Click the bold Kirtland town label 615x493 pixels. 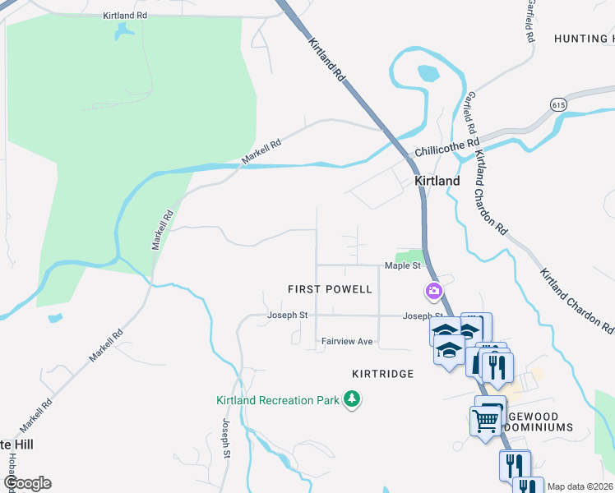pyautogui.click(x=437, y=180)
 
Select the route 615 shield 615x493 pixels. pyautogui.click(x=558, y=105)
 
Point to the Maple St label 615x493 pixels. pyautogui.click(x=403, y=265)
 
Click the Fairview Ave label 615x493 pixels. pyautogui.click(x=347, y=341)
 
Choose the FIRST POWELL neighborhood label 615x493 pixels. pyautogui.click(x=330, y=289)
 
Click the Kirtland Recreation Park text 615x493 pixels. pyautogui.click(x=279, y=400)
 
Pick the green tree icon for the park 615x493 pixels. pyautogui.click(x=353, y=399)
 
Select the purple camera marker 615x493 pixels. pyautogui.click(x=433, y=291)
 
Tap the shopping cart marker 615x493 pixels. pyautogui.click(x=486, y=421)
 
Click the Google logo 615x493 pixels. pyautogui.click(x=27, y=483)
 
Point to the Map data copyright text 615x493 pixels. pyautogui.click(x=580, y=486)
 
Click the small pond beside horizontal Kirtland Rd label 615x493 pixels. pyautogui.click(x=124, y=32)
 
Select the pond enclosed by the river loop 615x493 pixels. pyautogui.click(x=428, y=72)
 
